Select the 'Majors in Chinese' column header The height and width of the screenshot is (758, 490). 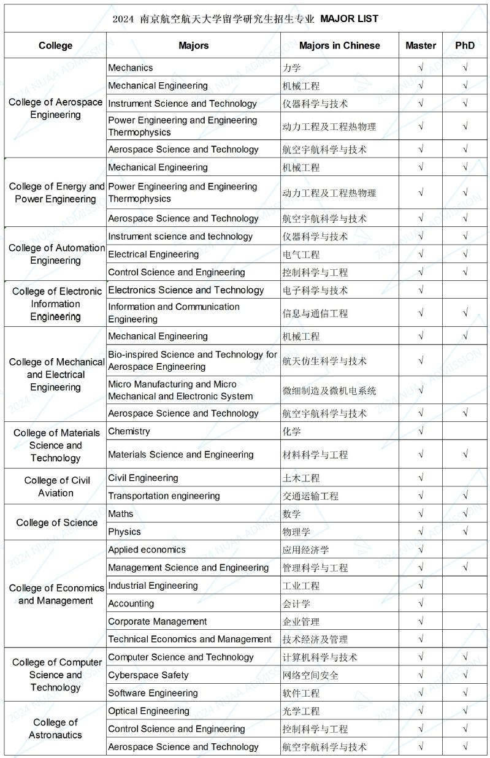click(x=339, y=45)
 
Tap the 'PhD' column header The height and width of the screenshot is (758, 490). click(x=465, y=45)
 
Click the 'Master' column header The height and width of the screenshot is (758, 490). click(x=421, y=45)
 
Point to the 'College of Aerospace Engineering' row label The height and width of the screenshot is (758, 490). click(x=56, y=109)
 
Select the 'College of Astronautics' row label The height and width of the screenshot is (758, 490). click(x=55, y=729)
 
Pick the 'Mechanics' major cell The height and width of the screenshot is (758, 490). click(x=131, y=67)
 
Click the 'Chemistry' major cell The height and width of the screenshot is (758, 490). click(x=129, y=431)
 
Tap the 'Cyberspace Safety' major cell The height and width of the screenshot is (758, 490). click(x=148, y=675)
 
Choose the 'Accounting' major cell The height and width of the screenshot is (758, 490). click(x=131, y=603)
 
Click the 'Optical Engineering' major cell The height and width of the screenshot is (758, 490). click(x=149, y=711)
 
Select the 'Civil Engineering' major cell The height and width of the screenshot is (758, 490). click(x=143, y=478)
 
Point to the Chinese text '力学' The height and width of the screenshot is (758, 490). click(x=291, y=68)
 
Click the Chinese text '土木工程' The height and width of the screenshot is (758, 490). click(x=301, y=478)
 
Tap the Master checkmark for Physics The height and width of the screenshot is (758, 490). click(x=421, y=532)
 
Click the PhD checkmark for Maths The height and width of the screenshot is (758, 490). click(x=465, y=513)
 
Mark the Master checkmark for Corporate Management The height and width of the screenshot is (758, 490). click(x=421, y=621)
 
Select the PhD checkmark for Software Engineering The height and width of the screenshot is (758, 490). click(x=465, y=693)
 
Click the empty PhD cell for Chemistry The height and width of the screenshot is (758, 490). click(x=465, y=431)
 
